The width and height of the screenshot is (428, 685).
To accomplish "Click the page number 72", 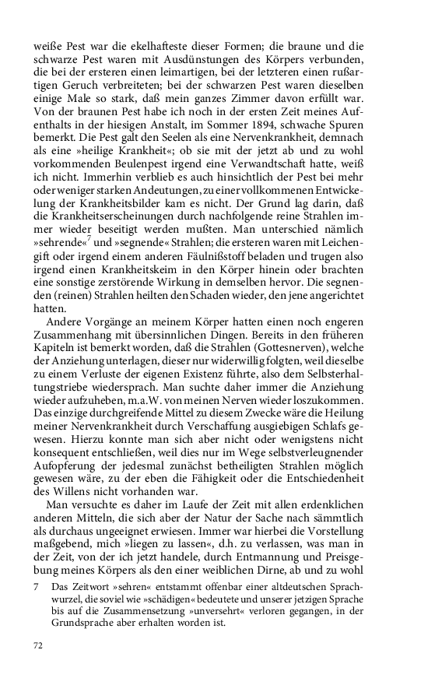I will [x=38, y=645].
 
